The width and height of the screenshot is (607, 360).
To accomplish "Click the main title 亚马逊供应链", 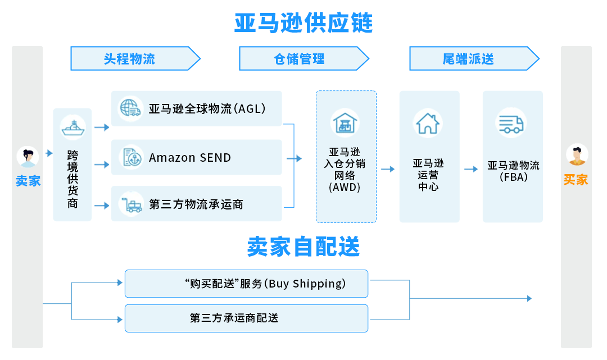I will click(x=303, y=24).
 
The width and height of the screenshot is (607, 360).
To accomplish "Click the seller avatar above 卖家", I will click(x=27, y=157).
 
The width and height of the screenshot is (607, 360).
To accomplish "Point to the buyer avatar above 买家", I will click(x=577, y=156).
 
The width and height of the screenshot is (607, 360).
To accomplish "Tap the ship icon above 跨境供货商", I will click(x=73, y=127).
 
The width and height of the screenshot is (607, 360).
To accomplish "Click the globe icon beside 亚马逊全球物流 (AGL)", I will click(x=130, y=108).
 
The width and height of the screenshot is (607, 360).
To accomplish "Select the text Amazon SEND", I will click(x=190, y=158).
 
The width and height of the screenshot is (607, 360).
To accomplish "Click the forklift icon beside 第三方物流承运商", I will click(x=130, y=203).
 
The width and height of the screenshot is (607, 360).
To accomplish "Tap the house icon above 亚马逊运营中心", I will click(x=428, y=123).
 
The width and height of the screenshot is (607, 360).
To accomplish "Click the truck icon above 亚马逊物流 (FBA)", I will click(x=511, y=124).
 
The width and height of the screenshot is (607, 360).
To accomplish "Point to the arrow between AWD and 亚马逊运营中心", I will click(x=388, y=169).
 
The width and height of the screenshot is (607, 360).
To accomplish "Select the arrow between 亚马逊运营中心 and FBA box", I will click(x=470, y=169).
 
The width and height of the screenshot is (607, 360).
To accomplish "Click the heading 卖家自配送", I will click(x=303, y=247).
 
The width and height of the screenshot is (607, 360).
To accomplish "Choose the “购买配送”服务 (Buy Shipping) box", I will click(x=246, y=284).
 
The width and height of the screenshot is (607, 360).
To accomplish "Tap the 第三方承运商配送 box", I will click(x=246, y=318).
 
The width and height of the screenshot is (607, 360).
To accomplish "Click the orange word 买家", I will click(x=576, y=180).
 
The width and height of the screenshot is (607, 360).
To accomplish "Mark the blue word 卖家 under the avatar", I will click(x=28, y=181).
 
